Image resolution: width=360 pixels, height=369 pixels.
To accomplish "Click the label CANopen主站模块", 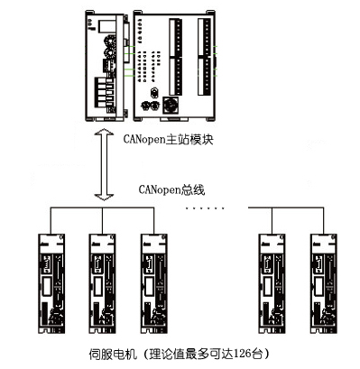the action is click(168, 140).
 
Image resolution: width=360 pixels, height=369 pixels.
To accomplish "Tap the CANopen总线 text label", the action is click(171, 189).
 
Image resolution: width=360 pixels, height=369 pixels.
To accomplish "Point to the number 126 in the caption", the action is click(242, 353).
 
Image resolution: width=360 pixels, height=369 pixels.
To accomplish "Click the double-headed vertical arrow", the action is click(104, 164).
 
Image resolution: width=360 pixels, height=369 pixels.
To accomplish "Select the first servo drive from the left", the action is click(51, 283).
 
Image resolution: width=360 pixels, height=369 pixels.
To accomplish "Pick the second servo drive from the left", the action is click(102, 283).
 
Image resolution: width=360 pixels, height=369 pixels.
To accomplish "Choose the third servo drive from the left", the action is click(154, 283).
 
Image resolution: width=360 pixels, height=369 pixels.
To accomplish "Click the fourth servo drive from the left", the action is click(272, 283).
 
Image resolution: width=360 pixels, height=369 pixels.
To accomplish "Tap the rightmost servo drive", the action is click(324, 283).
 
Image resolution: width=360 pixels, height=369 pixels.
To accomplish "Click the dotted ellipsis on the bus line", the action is click(205, 208).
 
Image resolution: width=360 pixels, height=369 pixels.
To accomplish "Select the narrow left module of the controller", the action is click(106, 66).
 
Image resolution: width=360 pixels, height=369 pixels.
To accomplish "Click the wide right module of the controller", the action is click(174, 66).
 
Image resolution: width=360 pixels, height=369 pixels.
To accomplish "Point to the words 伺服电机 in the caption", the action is click(113, 354).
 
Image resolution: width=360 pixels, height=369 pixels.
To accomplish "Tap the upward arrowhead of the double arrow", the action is click(104, 132).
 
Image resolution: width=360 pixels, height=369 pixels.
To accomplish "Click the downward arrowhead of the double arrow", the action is click(104, 198).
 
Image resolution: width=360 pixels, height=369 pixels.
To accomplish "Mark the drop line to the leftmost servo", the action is click(51, 220).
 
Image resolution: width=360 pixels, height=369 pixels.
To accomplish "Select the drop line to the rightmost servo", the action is click(324, 220).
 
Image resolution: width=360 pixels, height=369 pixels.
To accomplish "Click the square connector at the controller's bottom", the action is click(171, 106).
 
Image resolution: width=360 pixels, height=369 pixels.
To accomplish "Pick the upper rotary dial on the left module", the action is click(109, 41).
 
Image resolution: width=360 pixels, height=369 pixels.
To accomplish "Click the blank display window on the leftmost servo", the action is click(47, 286).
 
